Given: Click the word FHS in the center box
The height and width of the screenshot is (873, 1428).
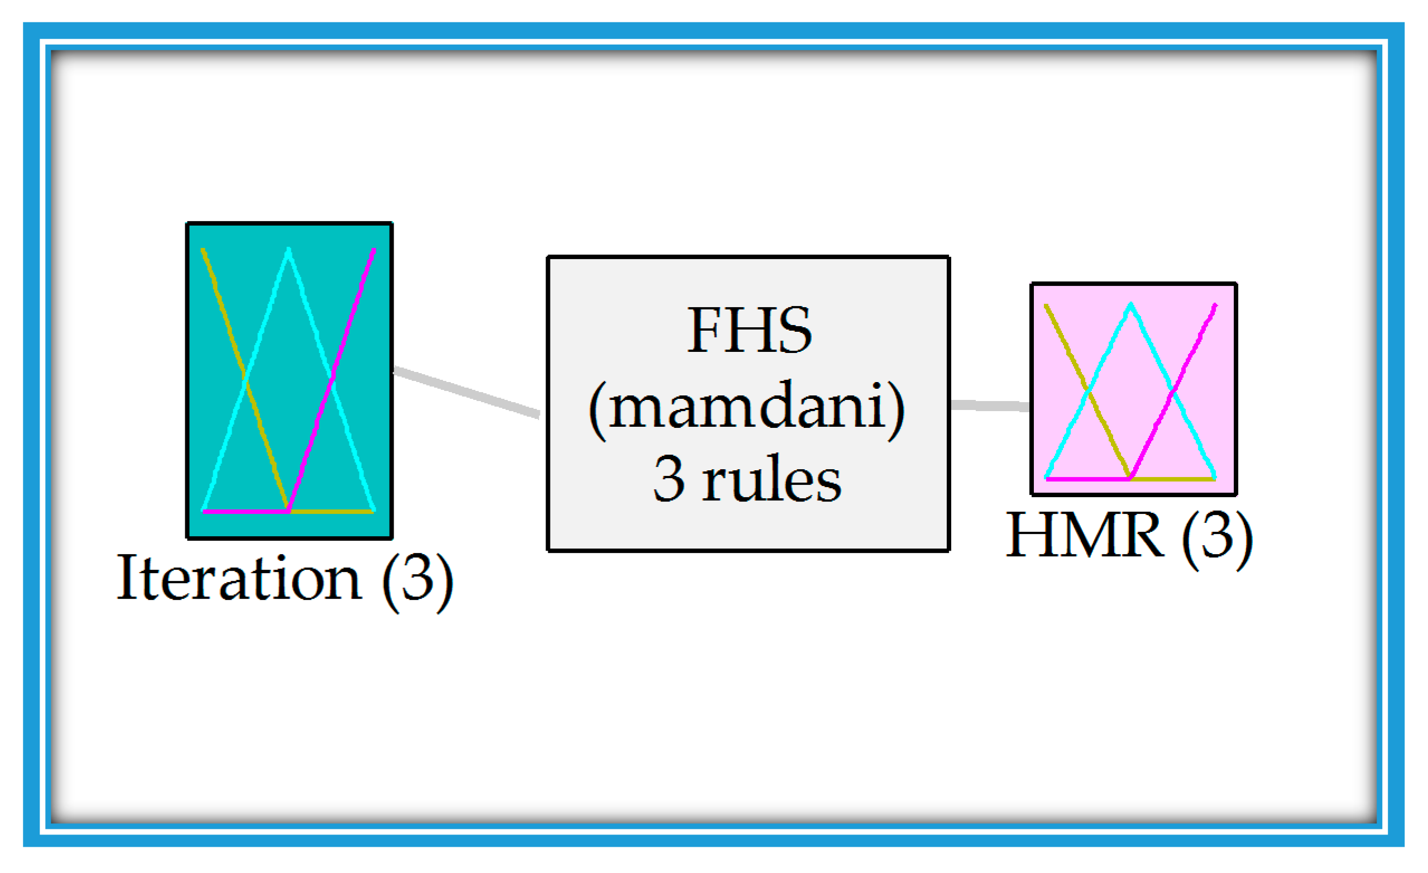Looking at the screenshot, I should pos(749,331).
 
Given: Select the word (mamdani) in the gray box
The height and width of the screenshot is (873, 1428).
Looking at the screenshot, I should pos(747,408).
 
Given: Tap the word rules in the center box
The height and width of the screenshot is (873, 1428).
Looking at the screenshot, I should pos(771,479).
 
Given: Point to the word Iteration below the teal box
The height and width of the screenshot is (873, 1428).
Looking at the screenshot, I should pos(239,578).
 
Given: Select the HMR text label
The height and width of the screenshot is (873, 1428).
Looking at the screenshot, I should pos(1084,536).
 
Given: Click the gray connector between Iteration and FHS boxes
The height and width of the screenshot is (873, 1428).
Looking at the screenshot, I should pos(467,392).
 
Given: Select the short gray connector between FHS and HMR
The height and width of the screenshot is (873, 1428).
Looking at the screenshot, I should pos(990,406).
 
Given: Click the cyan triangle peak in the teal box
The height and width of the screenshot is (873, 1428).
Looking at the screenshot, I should pos(289,250).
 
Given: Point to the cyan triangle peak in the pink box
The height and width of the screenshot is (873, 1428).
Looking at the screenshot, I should pos(1130,305).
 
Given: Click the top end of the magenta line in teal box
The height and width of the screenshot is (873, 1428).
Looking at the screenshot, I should pos(374,251).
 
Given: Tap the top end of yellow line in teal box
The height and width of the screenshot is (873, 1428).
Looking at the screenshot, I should pos(203,251).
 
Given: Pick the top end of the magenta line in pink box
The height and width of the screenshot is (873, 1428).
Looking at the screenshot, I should pos(1215,306).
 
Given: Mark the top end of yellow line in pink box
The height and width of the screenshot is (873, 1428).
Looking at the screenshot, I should pos(1047,306).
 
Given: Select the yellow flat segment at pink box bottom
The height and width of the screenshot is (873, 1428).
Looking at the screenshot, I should pos(1172,479).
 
